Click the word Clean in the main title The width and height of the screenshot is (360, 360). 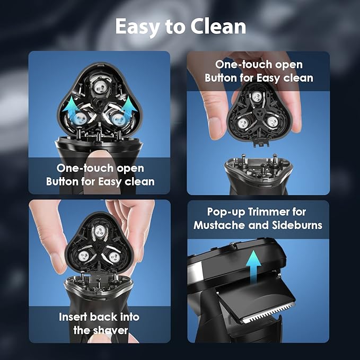pyautogui.click(x=218, y=27)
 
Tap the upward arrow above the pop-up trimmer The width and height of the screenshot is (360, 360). pyautogui.click(x=253, y=267)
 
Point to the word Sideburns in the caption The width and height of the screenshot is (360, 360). pyautogui.click(x=297, y=225)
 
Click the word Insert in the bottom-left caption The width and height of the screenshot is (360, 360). pyautogui.click(x=73, y=317)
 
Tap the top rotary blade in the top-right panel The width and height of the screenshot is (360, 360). pyautogui.click(x=257, y=96)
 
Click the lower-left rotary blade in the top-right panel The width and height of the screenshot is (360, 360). pyautogui.click(x=243, y=122)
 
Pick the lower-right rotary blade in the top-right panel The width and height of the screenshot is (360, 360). pyautogui.click(x=272, y=121)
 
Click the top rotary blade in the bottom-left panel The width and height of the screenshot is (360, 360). pyautogui.click(x=100, y=231)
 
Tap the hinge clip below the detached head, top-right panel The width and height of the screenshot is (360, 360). pyautogui.click(x=261, y=143)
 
